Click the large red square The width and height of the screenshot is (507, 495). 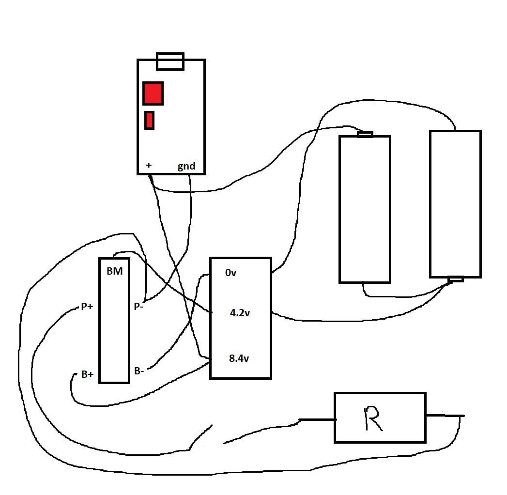pos(153,93)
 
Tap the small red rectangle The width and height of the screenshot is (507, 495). pos(149,120)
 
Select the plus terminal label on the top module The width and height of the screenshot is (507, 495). pos(149,165)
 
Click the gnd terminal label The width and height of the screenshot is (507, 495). pos(186,166)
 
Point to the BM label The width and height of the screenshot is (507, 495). pos(115,271)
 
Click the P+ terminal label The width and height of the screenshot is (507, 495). pos(87,306)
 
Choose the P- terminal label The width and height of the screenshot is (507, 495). pos(138,306)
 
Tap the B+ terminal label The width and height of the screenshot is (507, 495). pos(87,374)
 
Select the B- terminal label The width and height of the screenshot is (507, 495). pos(139,371)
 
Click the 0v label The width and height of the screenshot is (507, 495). pos(230,273)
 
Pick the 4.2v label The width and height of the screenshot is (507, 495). pos(240,313)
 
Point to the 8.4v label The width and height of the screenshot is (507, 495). pos(239,358)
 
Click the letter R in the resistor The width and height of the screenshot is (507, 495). pos(373,418)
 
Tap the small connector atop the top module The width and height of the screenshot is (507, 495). pos(170,61)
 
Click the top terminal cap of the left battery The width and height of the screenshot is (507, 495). pos(365,134)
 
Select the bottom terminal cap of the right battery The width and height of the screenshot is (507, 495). pos(456,279)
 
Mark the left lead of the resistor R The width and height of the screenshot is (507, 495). pos(317,419)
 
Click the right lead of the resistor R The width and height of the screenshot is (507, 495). pos(445,416)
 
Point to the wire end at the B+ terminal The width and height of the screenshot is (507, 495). pos(75,374)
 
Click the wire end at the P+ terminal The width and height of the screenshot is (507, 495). pos(77,307)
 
